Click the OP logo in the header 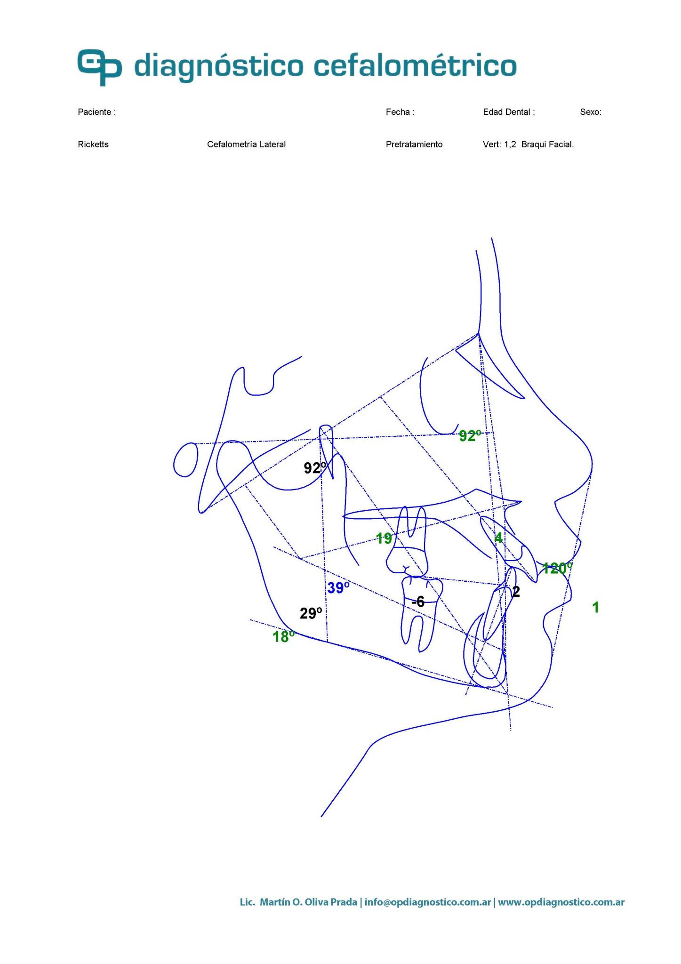100,67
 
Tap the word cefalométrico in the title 415,65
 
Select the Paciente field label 96,112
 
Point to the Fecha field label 400,112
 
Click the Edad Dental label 509,112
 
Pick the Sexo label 591,112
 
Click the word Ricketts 93,145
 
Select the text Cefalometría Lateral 246,145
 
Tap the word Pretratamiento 414,145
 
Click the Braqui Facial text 547,145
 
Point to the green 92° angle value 470,436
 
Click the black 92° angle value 314,468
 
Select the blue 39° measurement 338,588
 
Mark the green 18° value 283,637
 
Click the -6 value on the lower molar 418,602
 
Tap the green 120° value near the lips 557,568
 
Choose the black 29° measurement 311,613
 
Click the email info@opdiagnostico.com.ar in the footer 427,903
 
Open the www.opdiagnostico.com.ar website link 561,903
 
